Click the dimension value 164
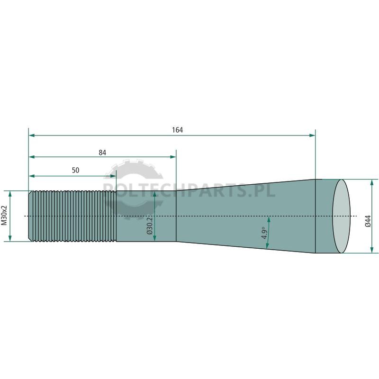tap(177, 130)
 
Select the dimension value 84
tap(102, 153)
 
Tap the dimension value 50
tap(75, 171)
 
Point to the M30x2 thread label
tap(4, 216)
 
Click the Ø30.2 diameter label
tap(150, 226)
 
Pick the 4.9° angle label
tap(264, 233)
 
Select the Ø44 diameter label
tap(368, 221)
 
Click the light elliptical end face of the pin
tap(341, 216)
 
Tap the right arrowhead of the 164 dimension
tap(312, 135)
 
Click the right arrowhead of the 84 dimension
tap(173, 157)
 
